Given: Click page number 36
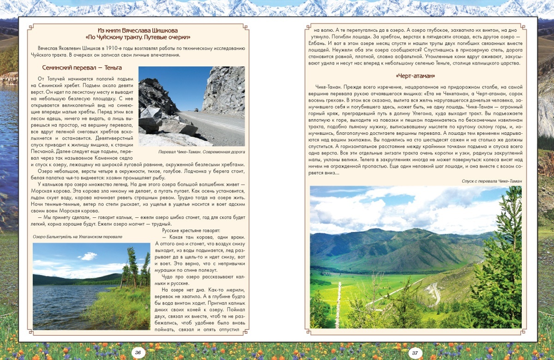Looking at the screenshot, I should (138, 353).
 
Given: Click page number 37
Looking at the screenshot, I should (415, 353).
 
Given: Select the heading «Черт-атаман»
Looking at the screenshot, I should (415, 76).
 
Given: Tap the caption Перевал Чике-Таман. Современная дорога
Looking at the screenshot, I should (201, 151).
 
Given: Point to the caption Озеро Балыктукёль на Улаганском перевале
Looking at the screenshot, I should (78, 237).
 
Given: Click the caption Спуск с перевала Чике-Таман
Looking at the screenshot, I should (491, 181).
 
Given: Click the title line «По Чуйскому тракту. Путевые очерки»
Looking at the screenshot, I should (138, 37).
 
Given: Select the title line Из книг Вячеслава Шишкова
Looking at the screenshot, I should (138, 30).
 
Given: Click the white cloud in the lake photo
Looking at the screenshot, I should (88, 256).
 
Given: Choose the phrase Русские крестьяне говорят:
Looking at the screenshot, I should (192, 230).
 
